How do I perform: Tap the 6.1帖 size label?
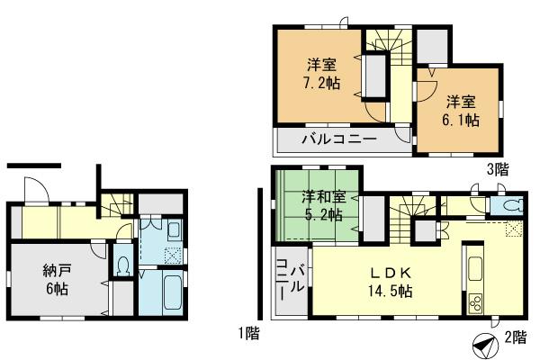(x=460, y=119)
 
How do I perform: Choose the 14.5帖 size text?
(x=389, y=292)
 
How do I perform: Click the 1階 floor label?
(x=249, y=334)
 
